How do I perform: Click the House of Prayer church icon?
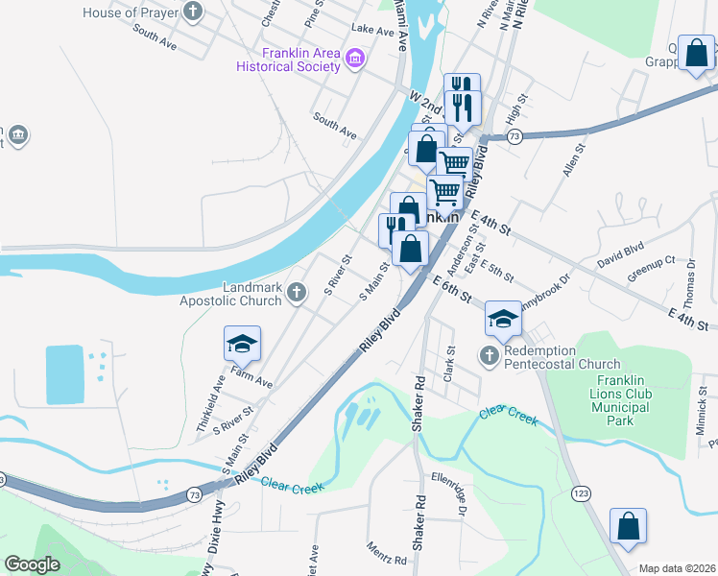coord(194,12)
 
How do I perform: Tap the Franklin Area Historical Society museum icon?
coord(355,59)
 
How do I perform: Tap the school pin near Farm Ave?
coord(243,342)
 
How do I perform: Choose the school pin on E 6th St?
coord(502,319)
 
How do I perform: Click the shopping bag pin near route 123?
coord(628,527)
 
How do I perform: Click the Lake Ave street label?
coord(373,31)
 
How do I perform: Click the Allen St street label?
coord(574,157)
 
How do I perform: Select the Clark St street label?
coord(448,366)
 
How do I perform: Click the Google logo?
coord(33,564)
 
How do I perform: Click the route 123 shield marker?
coord(580,492)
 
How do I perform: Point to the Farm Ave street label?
coord(251,382)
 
